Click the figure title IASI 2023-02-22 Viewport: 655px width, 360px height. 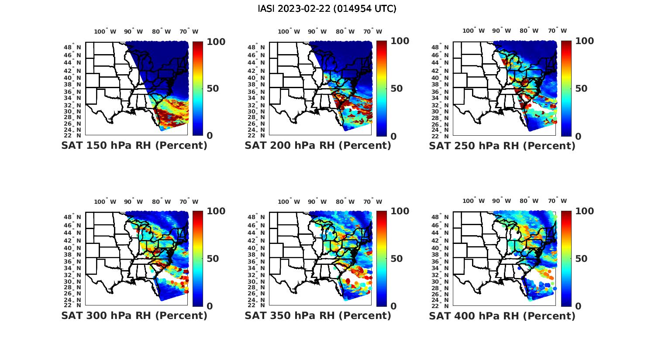point(327,9)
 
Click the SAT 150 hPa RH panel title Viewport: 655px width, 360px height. point(134,146)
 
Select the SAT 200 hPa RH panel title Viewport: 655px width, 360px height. point(318,146)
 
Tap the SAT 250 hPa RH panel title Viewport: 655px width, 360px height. point(502,146)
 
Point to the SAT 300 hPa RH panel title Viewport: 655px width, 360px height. point(134,315)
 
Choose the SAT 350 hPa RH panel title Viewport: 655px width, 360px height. point(318,315)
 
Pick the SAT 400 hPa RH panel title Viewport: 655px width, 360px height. point(502,315)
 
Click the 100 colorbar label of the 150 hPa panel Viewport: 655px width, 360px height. point(216,41)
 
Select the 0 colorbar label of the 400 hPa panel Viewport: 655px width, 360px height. point(578,306)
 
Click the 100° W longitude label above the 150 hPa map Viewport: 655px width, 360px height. point(105,31)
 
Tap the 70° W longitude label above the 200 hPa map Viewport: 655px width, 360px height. point(372,31)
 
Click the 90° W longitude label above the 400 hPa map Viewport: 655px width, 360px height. point(501,201)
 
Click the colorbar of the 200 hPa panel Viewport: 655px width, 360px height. point(382,89)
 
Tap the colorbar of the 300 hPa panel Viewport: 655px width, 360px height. point(198,258)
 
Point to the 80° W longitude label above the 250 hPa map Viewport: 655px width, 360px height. point(529,31)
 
